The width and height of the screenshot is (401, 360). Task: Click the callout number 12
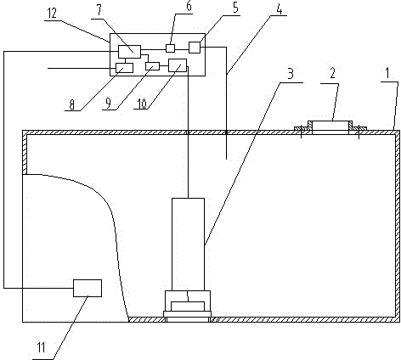point(52,14)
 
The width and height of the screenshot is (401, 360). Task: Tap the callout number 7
point(99,10)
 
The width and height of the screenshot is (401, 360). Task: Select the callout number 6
point(189,6)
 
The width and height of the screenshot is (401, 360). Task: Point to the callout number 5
point(235,8)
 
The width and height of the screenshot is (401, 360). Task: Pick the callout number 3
point(291,73)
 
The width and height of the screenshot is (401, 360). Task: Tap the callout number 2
point(332,73)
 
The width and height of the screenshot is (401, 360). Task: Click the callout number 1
point(387,73)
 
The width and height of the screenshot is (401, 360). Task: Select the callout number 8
point(72,105)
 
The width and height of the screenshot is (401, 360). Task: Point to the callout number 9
point(108,104)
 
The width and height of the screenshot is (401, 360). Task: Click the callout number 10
point(143,104)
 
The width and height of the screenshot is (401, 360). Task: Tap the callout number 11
point(42,347)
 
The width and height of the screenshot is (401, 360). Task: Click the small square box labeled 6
point(170,48)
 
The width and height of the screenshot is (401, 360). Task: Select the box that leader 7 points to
point(129,52)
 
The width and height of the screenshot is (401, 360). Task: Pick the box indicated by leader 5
point(195,48)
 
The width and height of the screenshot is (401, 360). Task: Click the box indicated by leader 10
point(178,65)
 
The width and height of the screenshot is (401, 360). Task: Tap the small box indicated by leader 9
point(152,66)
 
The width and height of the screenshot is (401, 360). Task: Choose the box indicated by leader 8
point(125,68)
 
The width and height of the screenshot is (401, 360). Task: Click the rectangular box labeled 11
point(88,288)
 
